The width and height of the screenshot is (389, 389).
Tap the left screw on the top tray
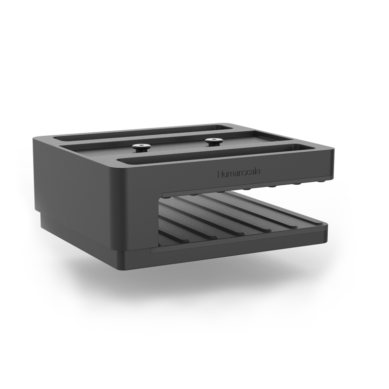[141, 147]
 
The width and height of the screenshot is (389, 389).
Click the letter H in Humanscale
[220, 174]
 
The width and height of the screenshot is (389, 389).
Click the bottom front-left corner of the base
[119, 267]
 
